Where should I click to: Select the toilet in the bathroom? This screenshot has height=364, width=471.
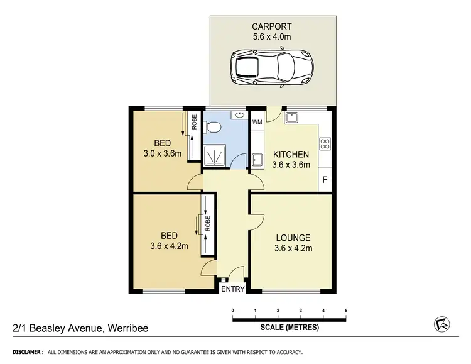(214, 128)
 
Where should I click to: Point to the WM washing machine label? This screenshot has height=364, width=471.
(257, 122)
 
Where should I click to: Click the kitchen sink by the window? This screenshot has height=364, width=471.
(293, 118)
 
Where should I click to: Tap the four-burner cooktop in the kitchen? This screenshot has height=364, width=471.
(325, 144)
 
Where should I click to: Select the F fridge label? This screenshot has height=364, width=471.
(325, 179)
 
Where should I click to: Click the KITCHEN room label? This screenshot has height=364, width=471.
(290, 154)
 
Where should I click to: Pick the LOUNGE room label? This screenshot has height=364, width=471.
(293, 238)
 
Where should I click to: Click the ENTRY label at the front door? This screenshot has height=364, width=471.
(232, 289)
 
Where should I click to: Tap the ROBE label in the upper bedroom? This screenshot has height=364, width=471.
(195, 121)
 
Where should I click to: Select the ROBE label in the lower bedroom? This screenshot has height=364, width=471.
(207, 224)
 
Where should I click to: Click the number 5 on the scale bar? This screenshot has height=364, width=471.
(345, 311)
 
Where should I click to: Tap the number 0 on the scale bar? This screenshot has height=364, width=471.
(232, 311)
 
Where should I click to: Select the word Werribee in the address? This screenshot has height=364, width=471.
(129, 328)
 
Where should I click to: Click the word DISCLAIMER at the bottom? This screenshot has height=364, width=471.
(24, 351)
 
